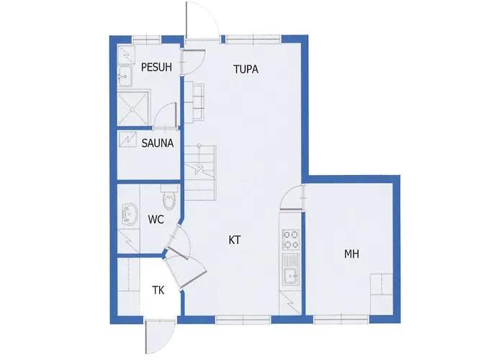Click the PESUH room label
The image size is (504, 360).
[156, 68]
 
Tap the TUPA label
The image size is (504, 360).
[246, 70]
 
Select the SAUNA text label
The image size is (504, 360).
[157, 143]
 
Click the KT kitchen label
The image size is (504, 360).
[235, 240]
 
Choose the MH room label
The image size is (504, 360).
[351, 254]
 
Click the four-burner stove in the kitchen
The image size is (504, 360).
[290, 237]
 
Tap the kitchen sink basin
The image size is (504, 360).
[290, 274]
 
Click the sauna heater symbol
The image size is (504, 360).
[127, 138]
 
